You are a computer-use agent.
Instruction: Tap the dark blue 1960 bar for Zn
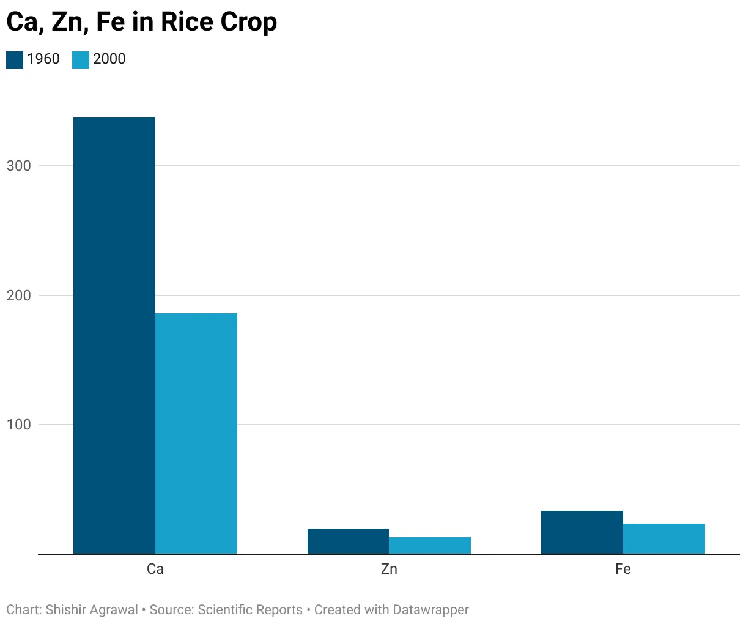348,541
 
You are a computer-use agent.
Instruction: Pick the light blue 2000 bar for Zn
430,546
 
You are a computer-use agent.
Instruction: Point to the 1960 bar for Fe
582,532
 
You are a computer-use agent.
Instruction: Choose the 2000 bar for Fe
664,539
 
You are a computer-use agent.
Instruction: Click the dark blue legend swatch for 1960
15,59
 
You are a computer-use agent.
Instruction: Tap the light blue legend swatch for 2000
81,59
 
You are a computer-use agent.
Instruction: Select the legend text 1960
43,59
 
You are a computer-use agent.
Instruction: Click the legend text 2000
109,59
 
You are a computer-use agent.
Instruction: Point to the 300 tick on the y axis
18,166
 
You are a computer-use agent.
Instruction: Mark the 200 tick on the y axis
18,295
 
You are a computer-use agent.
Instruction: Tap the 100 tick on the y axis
18,425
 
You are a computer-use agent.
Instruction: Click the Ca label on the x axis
155,569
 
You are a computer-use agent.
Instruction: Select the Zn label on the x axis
389,569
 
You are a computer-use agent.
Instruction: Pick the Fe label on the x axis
623,569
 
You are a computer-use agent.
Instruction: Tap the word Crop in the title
249,23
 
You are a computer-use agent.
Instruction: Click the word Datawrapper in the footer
431,610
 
